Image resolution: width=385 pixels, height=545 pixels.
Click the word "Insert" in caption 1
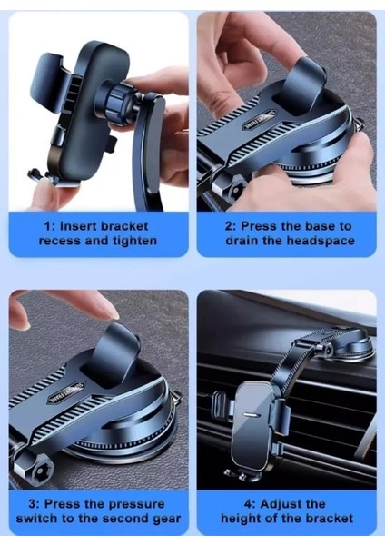77,226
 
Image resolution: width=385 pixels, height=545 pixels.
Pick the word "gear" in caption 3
167,519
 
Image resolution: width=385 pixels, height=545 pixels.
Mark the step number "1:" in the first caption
50,226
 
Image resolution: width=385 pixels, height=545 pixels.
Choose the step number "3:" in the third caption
35,504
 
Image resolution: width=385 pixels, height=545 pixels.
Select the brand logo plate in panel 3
66,391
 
